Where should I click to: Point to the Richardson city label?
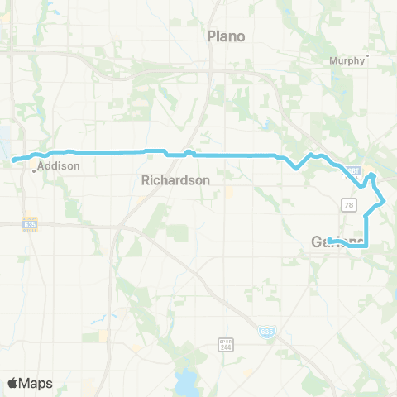175,179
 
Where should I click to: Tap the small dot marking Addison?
33,170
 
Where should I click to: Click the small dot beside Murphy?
367,56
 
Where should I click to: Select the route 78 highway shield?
346,203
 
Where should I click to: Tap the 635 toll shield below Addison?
30,223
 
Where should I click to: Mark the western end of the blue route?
14,160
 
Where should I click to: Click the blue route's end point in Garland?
329,241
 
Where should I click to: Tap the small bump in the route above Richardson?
189,151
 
